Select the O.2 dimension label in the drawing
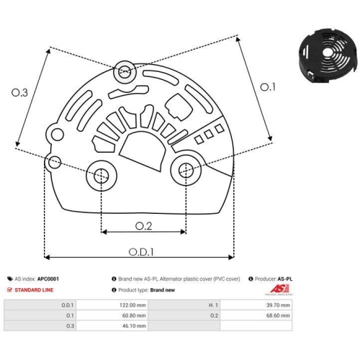(x=144, y=225)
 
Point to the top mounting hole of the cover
(x=125, y=71)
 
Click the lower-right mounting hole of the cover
(x=186, y=169)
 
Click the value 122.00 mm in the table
(x=135, y=305)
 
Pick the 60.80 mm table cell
(x=135, y=315)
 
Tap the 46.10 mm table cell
(x=135, y=325)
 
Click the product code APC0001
(x=48, y=279)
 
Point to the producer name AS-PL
(x=284, y=279)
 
